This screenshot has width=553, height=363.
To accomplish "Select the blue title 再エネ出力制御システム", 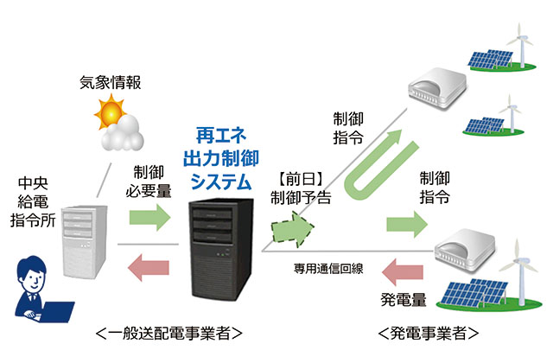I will [x=218, y=159].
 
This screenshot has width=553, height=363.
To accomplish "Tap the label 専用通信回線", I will [x=327, y=268].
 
